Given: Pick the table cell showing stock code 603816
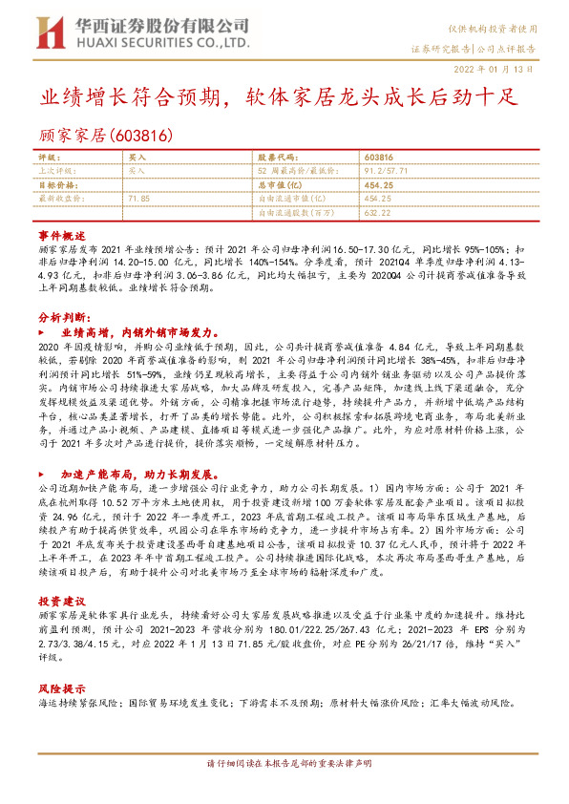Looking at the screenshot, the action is tap(379, 156).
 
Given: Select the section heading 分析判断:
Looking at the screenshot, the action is tap(64, 315).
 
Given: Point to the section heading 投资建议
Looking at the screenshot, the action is tap(62, 601).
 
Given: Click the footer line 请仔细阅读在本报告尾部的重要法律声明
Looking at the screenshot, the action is tap(284, 766).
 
